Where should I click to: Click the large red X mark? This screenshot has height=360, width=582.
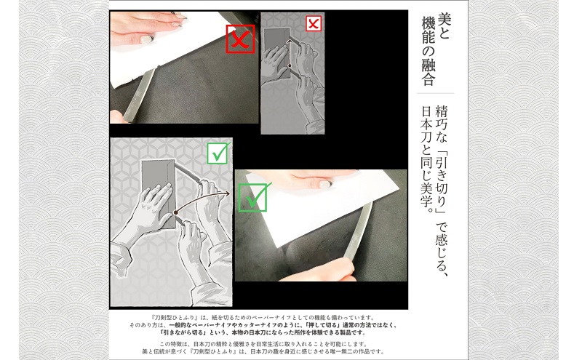point(240,39)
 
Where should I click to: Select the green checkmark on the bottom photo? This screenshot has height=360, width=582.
point(252,197)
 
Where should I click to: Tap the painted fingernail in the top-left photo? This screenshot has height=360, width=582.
point(147,38)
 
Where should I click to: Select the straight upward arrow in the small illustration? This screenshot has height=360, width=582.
point(289,55)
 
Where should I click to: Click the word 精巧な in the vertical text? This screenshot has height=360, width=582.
point(440,121)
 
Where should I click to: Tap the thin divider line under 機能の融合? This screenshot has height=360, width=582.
point(434,93)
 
